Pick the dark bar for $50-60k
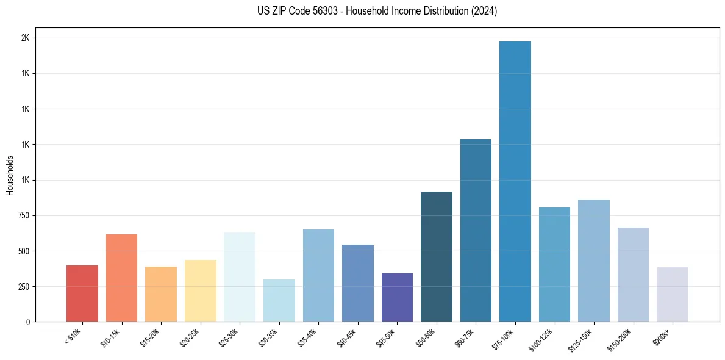tap(437, 256)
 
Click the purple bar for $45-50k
tap(397, 297)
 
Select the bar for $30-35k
tap(279, 300)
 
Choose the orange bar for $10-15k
tap(121, 278)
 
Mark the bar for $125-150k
tap(594, 261)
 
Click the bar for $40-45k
tap(358, 283)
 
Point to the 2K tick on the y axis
tap(26, 38)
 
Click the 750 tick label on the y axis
tap(24, 215)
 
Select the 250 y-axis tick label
tap(24, 286)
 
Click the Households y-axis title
tap(10, 175)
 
